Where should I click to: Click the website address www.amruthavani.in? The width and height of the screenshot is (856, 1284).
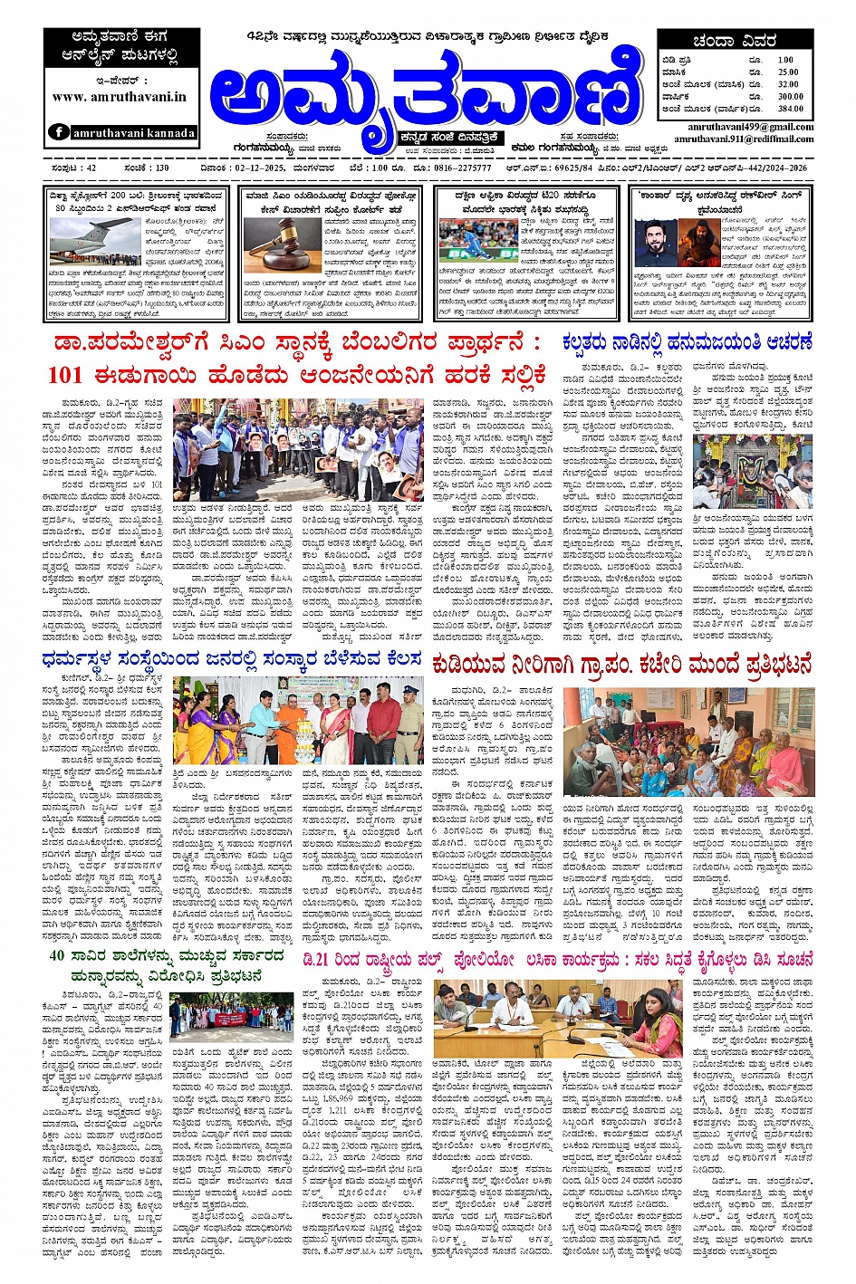[120, 97]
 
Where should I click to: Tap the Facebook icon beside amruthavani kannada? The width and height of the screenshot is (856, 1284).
[59, 132]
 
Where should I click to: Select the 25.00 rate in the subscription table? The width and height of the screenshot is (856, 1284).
[788, 72]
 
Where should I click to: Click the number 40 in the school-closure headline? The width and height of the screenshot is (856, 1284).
[57, 955]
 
